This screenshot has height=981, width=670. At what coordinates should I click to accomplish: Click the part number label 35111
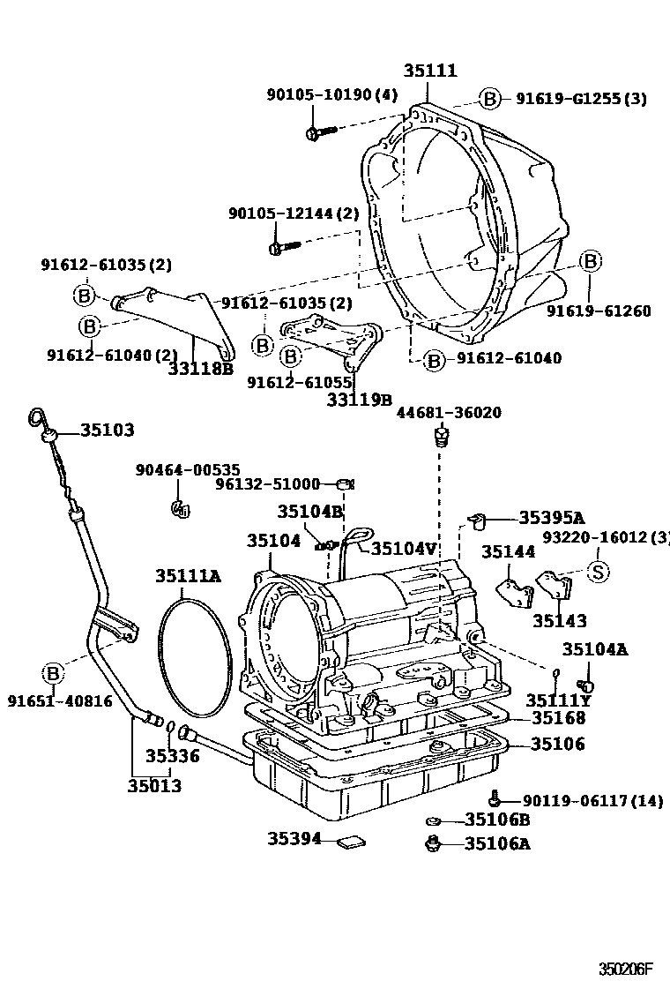(430, 71)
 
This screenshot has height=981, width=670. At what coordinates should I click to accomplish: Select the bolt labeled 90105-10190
(321, 132)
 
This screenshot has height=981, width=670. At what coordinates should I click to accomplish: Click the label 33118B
(200, 369)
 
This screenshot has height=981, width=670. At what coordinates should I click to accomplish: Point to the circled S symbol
(597, 572)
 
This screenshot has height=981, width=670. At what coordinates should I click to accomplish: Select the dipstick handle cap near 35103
(49, 433)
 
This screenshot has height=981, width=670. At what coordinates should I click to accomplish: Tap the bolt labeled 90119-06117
(498, 798)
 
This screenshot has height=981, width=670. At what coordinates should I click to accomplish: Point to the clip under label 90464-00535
(182, 507)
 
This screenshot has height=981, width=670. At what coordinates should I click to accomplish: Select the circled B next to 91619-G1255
(489, 99)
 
